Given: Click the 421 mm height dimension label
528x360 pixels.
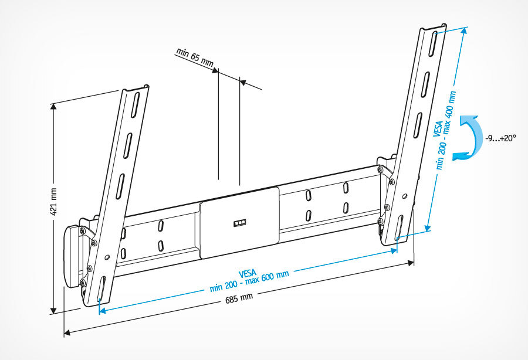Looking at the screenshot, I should [53, 201].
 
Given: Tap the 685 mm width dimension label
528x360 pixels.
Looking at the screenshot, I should [239, 297].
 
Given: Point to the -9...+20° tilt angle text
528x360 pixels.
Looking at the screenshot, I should [500, 138].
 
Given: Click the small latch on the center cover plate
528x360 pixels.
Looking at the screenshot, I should [241, 223].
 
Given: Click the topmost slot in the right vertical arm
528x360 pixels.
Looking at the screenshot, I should [433, 42].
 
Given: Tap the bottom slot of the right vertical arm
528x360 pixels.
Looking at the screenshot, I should [398, 226].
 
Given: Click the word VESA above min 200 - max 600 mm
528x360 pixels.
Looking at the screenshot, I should [248, 273].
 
